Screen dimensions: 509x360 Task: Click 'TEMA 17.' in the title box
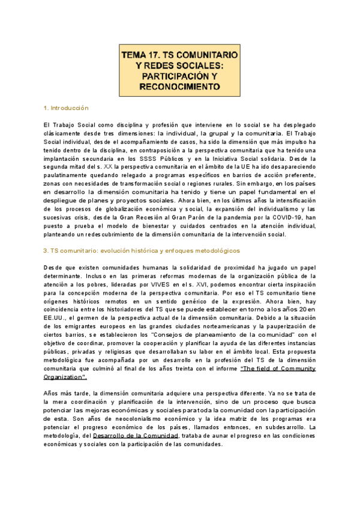[x=140, y=54]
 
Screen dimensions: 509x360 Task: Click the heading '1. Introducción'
[x=66, y=108]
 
